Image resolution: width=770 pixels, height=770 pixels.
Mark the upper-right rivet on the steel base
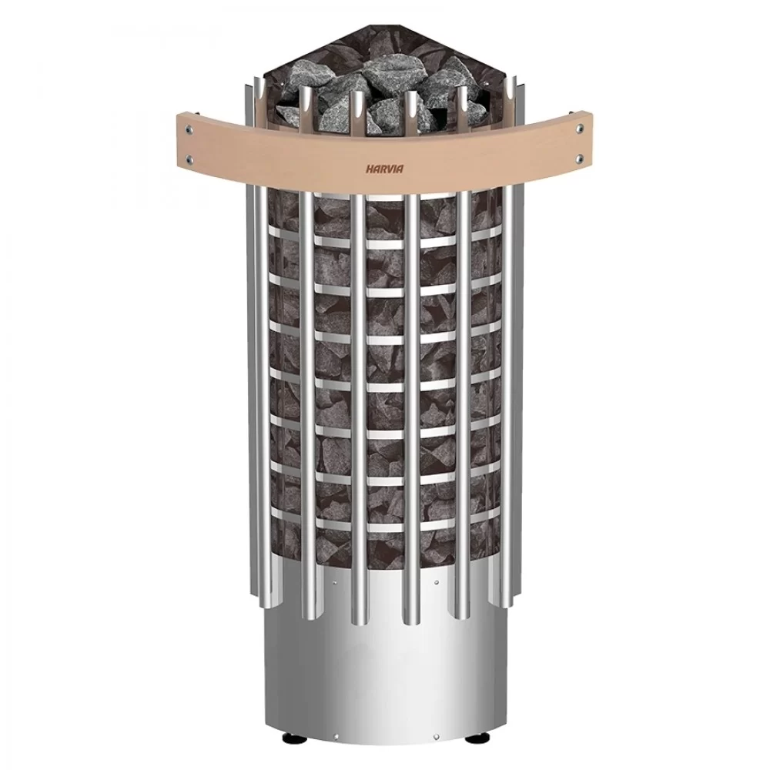pos(436,584)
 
